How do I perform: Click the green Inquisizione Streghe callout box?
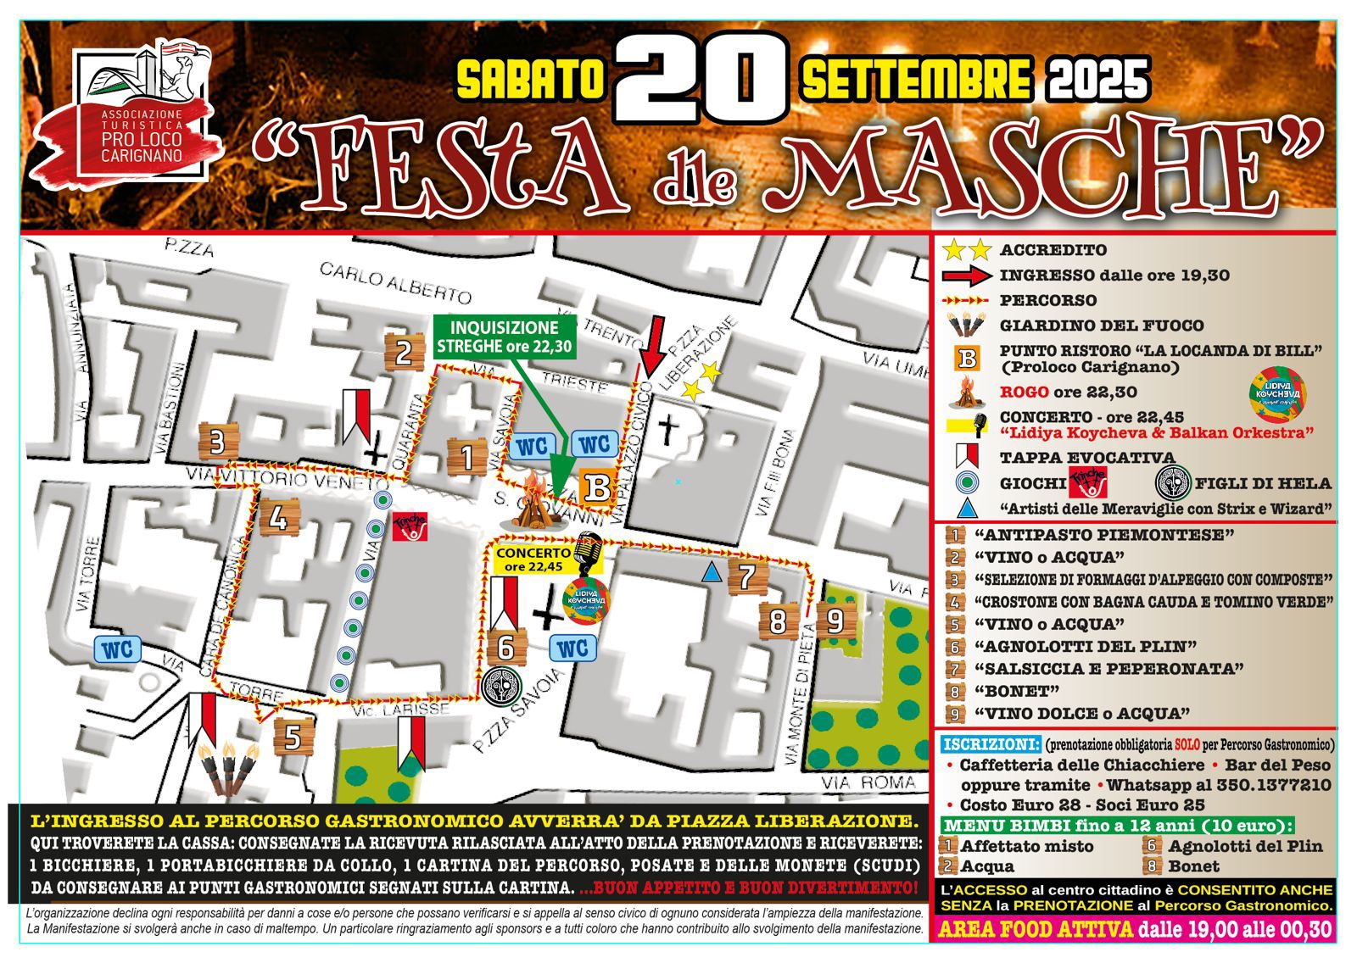pyautogui.click(x=504, y=337)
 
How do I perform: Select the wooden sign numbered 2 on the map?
pyautogui.click(x=404, y=353)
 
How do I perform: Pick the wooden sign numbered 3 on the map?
pyautogui.click(x=217, y=443)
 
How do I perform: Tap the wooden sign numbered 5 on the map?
pyautogui.click(x=293, y=737)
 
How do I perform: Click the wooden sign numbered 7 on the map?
pyautogui.click(x=746, y=577)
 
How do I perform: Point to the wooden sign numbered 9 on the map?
pyautogui.click(x=835, y=621)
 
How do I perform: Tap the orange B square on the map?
pyautogui.click(x=598, y=488)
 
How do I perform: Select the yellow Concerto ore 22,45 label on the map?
pyautogui.click(x=533, y=560)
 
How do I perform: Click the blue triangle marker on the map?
pyautogui.click(x=712, y=573)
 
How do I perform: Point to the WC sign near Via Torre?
pyautogui.click(x=118, y=649)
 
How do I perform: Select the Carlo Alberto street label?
pyautogui.click(x=395, y=283)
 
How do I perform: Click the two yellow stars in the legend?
pyautogui.click(x=967, y=250)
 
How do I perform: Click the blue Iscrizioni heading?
pyautogui.click(x=991, y=744)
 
